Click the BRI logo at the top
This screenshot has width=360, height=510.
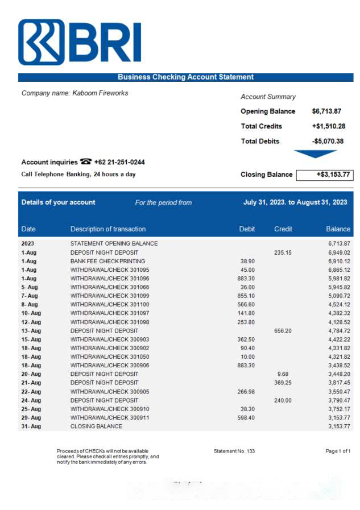tap(80, 43)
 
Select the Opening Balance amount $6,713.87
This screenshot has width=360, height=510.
tap(326, 111)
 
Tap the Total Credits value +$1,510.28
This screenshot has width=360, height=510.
tap(328, 126)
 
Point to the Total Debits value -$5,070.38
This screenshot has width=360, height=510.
tap(328, 141)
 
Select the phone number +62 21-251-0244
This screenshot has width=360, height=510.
tap(119, 162)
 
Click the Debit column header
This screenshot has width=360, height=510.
tap(247, 229)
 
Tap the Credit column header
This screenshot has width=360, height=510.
tap(283, 229)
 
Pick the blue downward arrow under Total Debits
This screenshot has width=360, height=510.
tap(315, 154)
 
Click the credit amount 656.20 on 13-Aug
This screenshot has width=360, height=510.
tap(283, 330)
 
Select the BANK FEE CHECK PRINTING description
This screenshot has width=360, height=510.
tap(107, 261)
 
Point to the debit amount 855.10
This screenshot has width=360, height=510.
tap(246, 296)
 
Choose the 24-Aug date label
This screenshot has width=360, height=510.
tap(31, 400)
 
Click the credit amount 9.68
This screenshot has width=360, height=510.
tap(283, 374)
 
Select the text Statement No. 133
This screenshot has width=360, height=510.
tap(234, 451)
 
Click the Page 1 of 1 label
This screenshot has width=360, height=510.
tap(338, 451)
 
